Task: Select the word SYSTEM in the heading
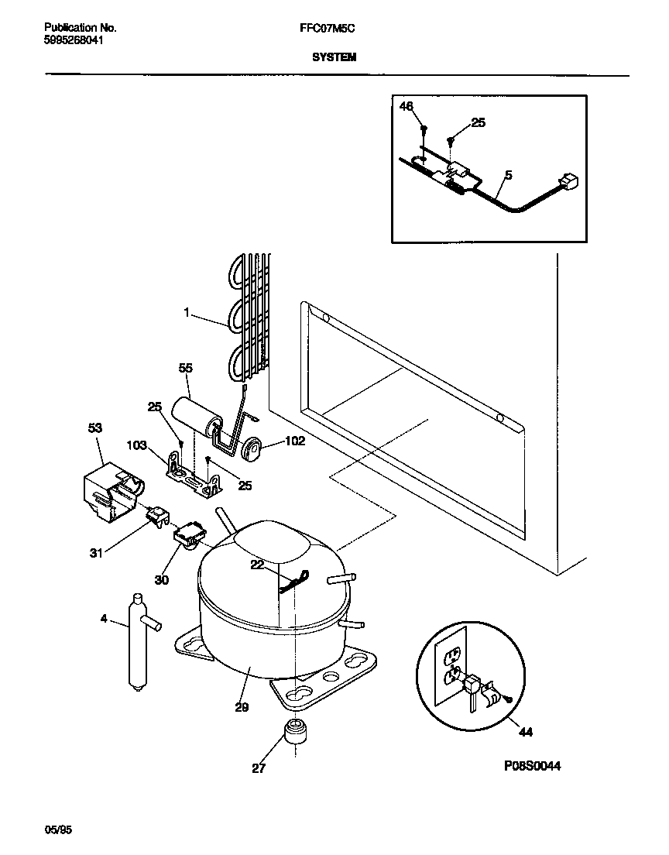point(334,57)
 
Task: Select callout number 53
point(95,428)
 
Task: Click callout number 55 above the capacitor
point(185,369)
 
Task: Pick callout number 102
point(273,442)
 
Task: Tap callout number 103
point(136,445)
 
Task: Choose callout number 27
point(257,768)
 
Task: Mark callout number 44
point(525,731)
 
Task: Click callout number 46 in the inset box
point(407,106)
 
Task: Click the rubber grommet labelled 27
point(293,730)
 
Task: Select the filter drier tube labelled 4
point(138,639)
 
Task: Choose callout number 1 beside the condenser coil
point(187,312)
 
